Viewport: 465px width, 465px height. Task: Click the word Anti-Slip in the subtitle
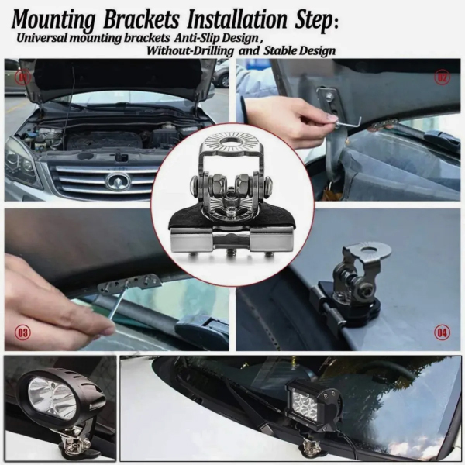click(195, 38)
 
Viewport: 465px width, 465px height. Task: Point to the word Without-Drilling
click(190, 50)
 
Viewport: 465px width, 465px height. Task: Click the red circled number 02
click(443, 77)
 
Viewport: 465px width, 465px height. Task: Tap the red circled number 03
click(22, 332)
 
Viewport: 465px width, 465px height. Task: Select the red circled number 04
click(442, 332)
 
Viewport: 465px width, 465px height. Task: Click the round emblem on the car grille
click(119, 181)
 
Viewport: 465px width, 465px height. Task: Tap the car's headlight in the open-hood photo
click(22, 162)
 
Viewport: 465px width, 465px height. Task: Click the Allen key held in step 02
click(349, 122)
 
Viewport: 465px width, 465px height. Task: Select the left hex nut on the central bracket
click(218, 182)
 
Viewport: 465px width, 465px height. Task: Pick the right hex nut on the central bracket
click(245, 182)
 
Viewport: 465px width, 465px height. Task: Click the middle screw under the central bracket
click(232, 253)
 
